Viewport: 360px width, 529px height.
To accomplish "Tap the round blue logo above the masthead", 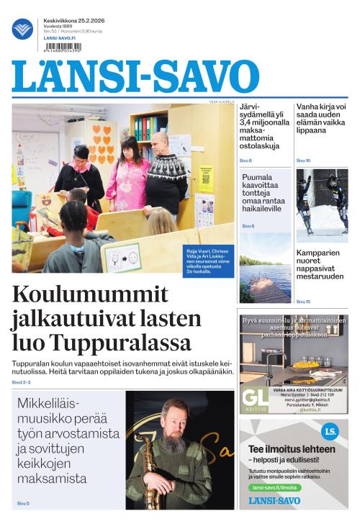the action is tap(22, 30).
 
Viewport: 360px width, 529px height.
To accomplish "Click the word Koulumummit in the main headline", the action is tap(90, 295).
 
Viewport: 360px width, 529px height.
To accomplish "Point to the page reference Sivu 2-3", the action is tap(22, 382).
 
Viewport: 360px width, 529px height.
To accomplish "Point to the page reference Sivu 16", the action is tap(303, 160).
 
